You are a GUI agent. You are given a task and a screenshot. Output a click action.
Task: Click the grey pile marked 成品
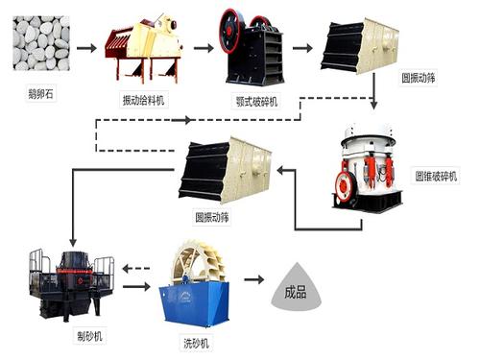pos(296,284)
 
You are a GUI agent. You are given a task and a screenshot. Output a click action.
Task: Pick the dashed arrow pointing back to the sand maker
pos(136,267)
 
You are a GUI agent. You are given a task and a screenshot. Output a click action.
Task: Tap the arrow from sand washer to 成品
pos(252,281)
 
